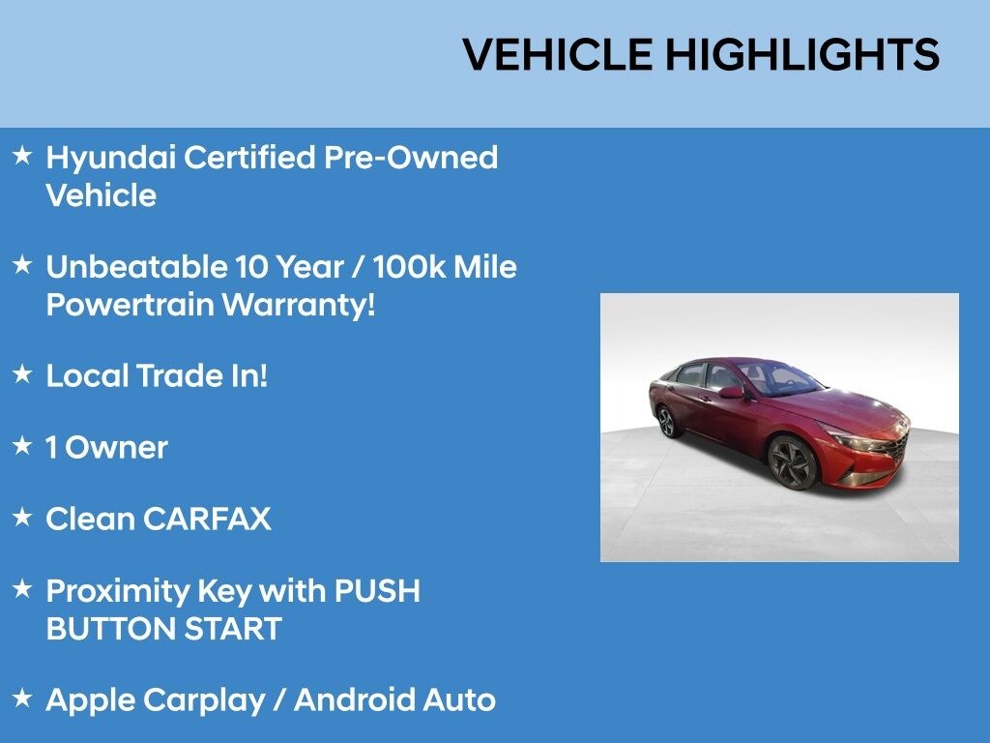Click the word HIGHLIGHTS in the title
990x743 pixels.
[801, 55]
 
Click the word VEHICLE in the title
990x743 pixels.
[559, 55]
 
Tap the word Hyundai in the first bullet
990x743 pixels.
[110, 158]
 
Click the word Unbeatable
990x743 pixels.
[135, 267]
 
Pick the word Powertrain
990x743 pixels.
[130, 305]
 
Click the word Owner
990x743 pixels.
[117, 447]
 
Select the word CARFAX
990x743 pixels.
[207, 519]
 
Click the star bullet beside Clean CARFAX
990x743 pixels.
[23, 517]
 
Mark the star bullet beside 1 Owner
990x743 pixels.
[23, 445]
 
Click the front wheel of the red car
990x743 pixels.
[792, 462]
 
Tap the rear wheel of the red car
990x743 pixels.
[665, 422]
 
